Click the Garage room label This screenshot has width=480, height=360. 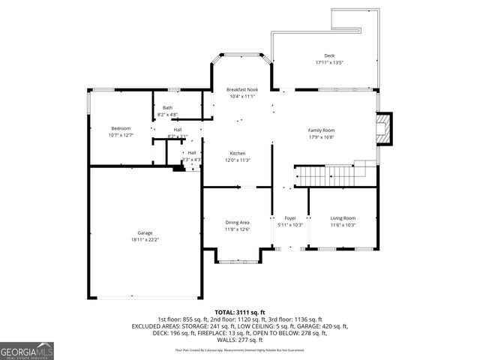click(144, 233)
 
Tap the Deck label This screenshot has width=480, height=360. click(329, 56)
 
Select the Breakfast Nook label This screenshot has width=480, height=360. click(241, 89)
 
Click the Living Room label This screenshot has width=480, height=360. click(343, 219)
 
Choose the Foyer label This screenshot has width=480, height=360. click(289, 219)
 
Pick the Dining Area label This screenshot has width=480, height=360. click(237, 223)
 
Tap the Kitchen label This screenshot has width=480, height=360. click(238, 153)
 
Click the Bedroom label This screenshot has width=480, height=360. click(120, 128)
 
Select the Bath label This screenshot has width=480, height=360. click(167, 108)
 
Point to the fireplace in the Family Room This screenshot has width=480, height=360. click(384, 129)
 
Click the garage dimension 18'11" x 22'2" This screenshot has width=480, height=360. click(144, 240)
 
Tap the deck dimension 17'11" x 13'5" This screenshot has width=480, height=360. click(329, 63)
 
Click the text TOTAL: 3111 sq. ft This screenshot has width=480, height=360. click(239, 311)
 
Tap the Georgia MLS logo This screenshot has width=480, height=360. click(27, 350)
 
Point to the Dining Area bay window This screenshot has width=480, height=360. click(238, 260)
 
